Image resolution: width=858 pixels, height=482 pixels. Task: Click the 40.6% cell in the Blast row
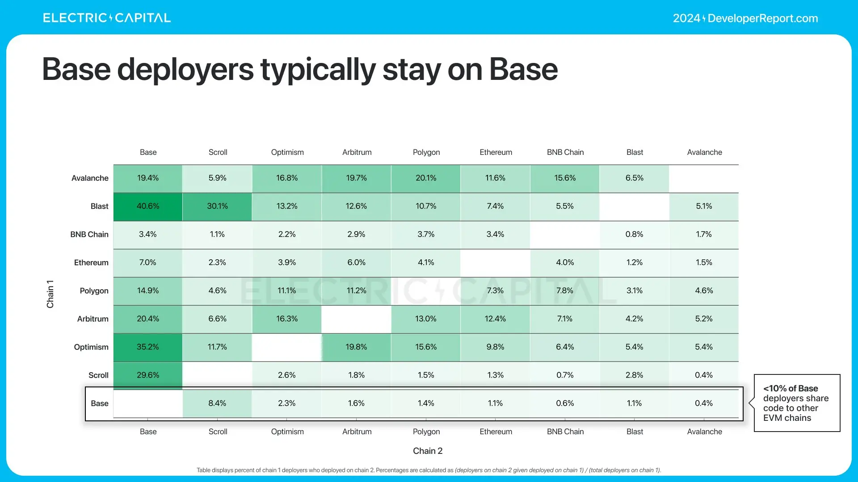(148, 206)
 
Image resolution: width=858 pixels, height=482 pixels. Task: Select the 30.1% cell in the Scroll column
(217, 206)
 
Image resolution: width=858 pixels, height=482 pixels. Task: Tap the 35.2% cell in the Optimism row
(148, 347)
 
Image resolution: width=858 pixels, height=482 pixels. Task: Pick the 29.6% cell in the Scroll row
(148, 375)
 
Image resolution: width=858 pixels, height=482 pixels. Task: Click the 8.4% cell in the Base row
(217, 403)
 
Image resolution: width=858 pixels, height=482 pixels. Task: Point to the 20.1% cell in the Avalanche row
(426, 178)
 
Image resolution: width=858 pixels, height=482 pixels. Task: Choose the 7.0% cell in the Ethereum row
(148, 262)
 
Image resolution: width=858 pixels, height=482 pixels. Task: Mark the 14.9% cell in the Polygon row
(148, 291)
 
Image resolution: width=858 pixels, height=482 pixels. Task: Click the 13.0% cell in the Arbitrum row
(426, 319)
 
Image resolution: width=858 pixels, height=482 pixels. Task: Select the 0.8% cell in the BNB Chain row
(634, 234)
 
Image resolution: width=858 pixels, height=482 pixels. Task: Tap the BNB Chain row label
(89, 234)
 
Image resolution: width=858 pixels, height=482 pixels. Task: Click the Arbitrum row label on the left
(93, 319)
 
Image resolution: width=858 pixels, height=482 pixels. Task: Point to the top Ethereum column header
(496, 152)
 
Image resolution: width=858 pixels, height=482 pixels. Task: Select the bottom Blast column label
(635, 432)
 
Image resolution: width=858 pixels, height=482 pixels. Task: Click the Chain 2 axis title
(428, 451)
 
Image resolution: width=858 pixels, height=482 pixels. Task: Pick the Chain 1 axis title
(50, 294)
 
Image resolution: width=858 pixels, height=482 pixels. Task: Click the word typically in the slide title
(318, 70)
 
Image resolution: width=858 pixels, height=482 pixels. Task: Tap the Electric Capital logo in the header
(107, 18)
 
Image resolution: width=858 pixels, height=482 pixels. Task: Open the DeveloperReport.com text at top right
(762, 18)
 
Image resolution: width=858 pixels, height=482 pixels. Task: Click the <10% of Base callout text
(796, 403)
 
